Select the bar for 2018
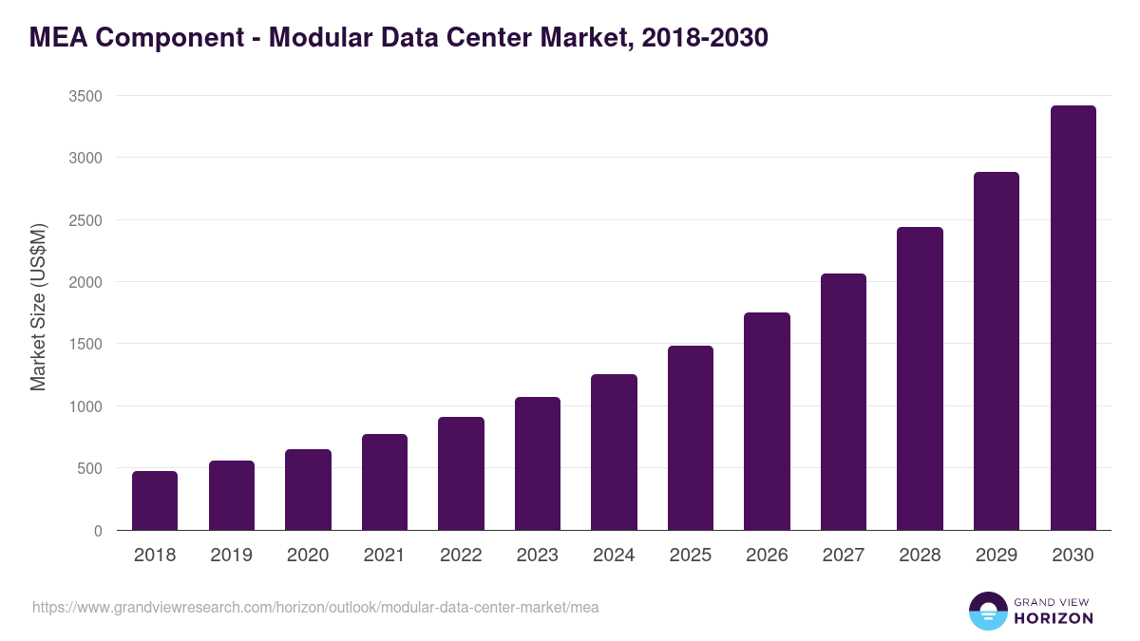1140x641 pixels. pos(155,500)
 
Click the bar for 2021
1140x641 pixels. pos(385,482)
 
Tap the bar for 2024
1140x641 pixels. pos(614,452)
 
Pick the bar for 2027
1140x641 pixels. pos(844,402)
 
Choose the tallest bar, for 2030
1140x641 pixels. pos(1073,318)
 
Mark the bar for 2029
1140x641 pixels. pos(997,351)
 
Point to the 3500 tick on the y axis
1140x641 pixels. pos(85,96)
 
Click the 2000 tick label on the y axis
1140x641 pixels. pos(85,282)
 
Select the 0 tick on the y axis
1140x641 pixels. pos(98,531)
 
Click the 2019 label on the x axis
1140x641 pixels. pos(231,556)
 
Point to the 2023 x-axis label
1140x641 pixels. pos(537,556)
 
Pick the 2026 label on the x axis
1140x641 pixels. pos(767,556)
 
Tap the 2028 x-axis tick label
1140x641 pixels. pos(920,556)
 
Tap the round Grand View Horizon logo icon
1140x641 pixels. pos(987,611)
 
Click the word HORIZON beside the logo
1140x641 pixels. pos(1054,618)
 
